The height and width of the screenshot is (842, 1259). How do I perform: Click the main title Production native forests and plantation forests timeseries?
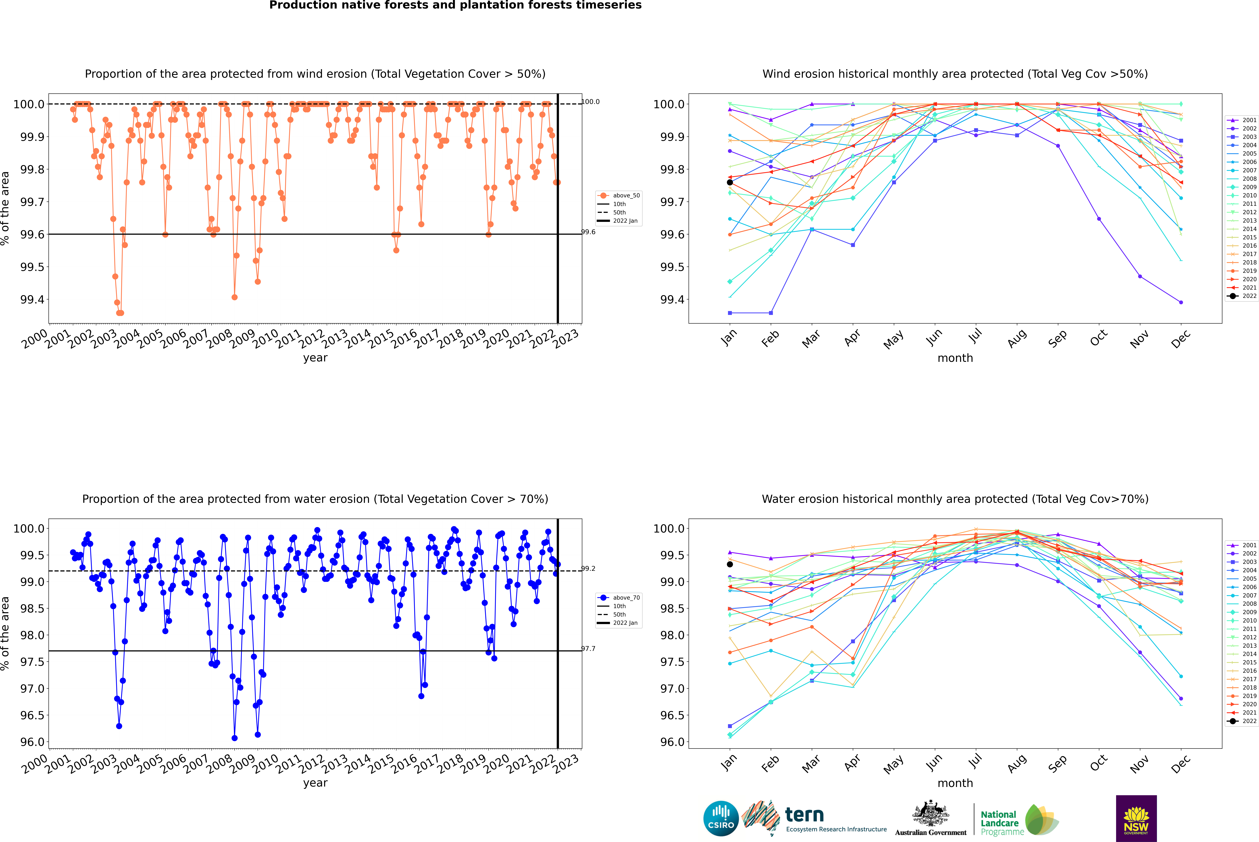point(455,5)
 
